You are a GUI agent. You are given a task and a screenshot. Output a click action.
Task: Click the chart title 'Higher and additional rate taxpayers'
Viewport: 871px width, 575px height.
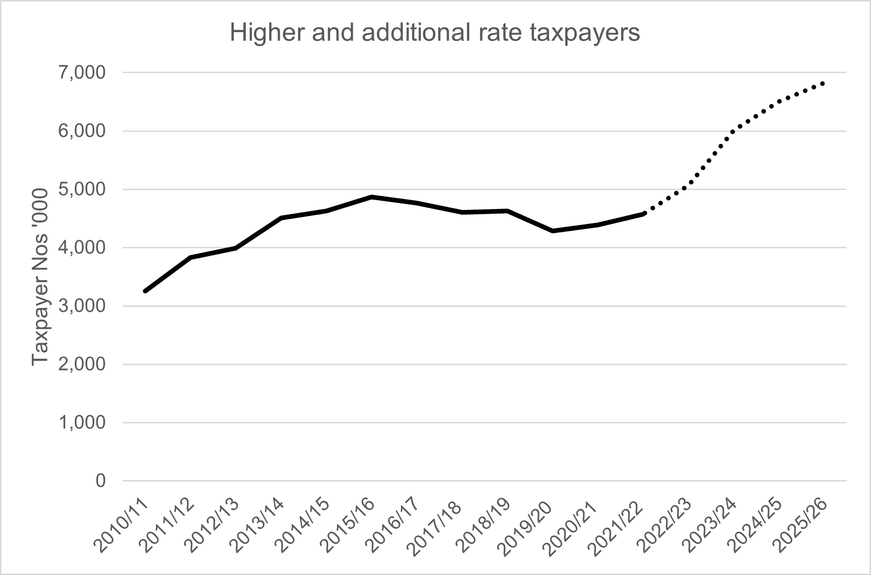[x=435, y=34]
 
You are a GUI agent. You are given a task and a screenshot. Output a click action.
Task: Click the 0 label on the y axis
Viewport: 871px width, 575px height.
[x=101, y=481]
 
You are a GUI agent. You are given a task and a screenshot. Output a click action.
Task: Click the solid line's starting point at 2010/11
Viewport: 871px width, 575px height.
[x=145, y=291]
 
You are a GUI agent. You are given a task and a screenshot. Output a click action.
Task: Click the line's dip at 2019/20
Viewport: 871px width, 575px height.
[x=553, y=231]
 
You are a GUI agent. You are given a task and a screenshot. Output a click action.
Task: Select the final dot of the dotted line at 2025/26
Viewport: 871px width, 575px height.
[x=823, y=83]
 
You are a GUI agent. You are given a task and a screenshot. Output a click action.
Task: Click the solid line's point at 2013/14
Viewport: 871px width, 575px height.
[x=281, y=218]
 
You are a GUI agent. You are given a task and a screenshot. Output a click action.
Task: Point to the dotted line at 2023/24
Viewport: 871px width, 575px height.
[x=733, y=132]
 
